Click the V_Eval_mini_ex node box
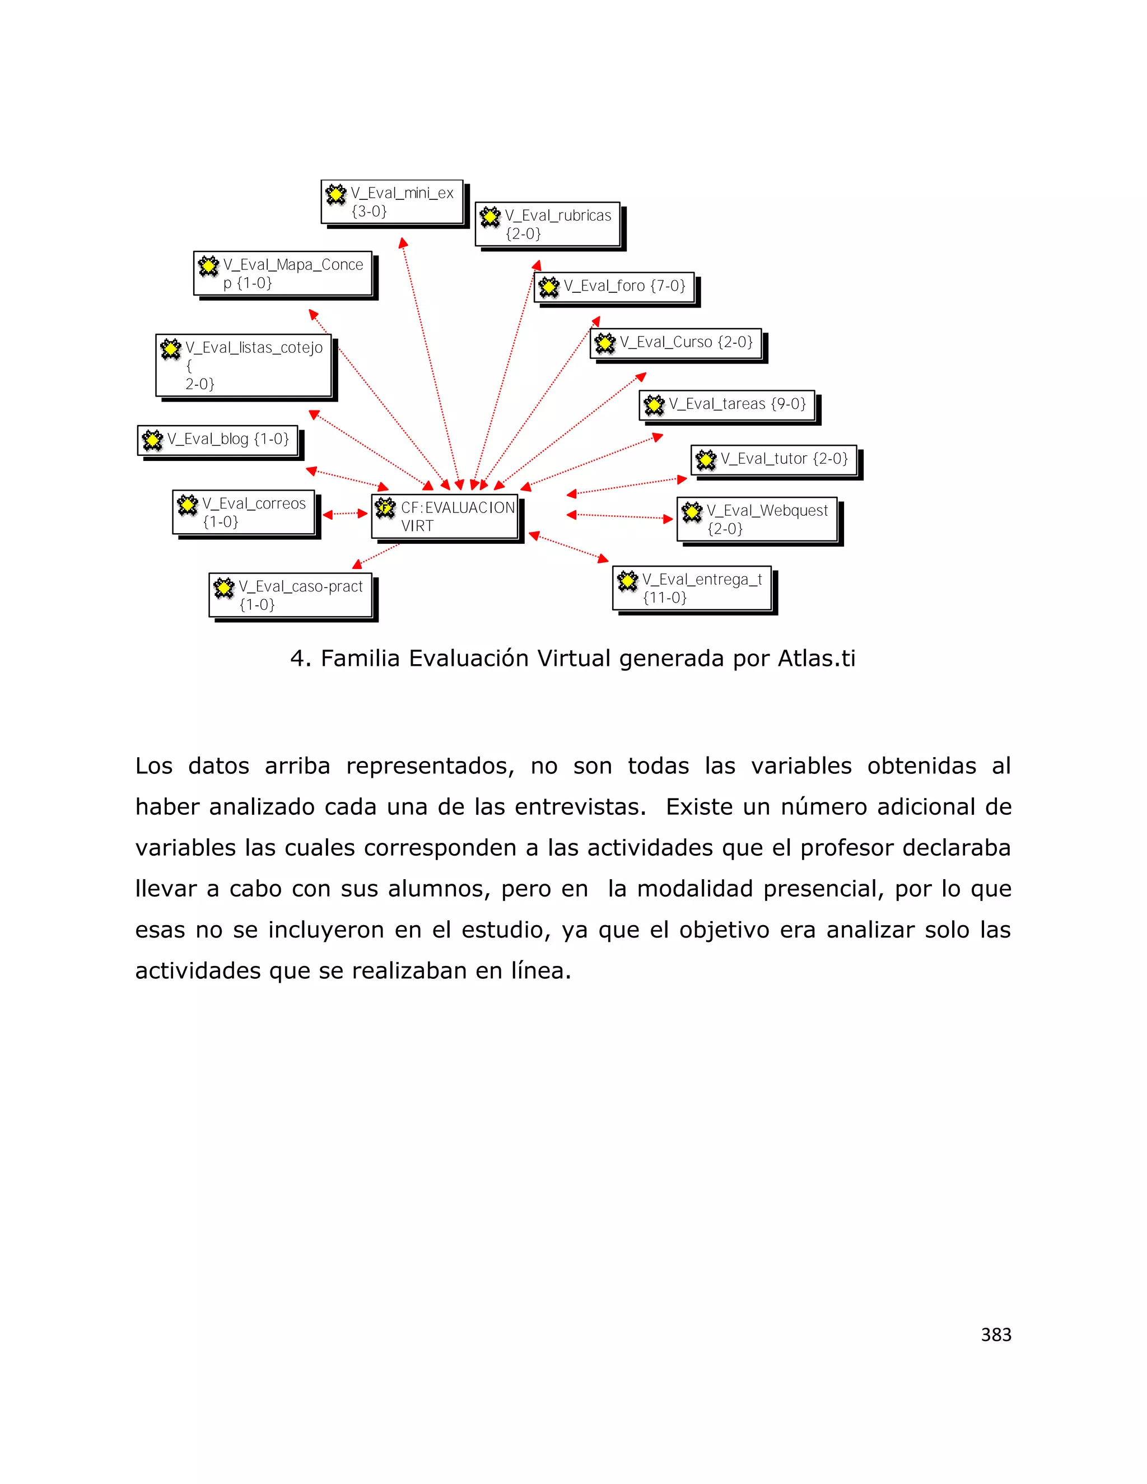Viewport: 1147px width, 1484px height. tap(392, 202)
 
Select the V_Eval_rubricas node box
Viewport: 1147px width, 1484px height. tap(548, 224)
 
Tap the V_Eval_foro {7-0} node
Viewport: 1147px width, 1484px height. tap(614, 287)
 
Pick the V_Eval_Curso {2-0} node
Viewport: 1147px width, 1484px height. tap(676, 343)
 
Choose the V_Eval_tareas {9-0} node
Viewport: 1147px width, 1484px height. tap(727, 405)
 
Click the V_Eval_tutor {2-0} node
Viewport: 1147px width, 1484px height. tap(774, 460)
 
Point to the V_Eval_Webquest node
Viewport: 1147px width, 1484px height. tap(757, 520)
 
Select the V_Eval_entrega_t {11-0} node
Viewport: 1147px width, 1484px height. tap(692, 589)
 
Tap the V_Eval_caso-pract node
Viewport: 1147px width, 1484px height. tap(291, 595)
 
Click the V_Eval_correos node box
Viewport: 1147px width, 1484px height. tap(244, 512)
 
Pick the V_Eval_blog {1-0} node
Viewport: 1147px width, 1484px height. tap(218, 440)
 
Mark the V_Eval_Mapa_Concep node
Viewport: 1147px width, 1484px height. tap(283, 274)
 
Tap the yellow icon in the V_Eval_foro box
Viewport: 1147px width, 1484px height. tap(549, 287)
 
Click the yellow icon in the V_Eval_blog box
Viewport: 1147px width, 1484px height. tap(153, 440)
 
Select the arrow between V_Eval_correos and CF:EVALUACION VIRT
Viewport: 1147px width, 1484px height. tap(345, 514)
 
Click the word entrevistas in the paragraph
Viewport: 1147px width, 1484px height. tap(576, 807)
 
